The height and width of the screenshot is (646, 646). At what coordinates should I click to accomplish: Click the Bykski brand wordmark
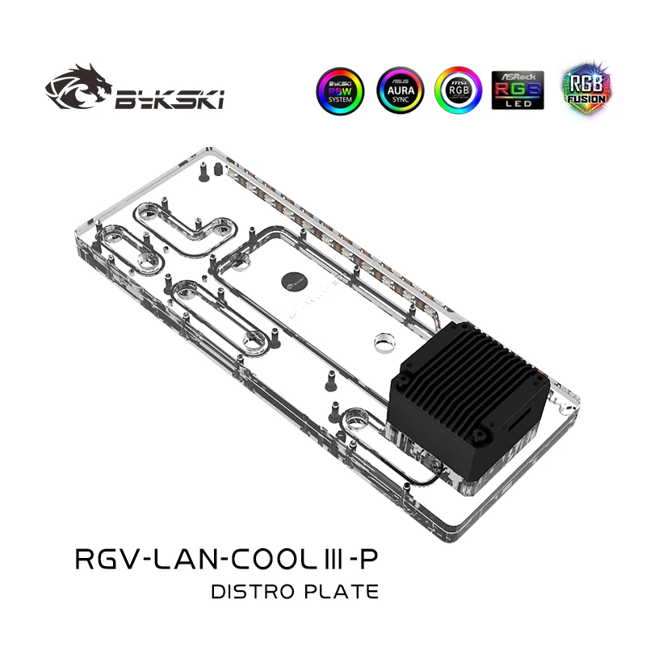pyautogui.click(x=170, y=100)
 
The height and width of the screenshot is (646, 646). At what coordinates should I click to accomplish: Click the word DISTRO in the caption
pyautogui.click(x=247, y=592)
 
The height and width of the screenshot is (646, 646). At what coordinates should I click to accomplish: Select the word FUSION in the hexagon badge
pyautogui.click(x=580, y=99)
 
